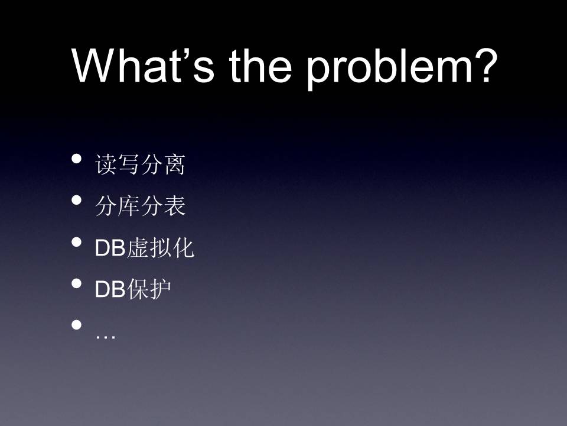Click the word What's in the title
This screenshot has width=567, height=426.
coord(143,65)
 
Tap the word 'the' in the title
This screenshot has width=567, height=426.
coord(260,65)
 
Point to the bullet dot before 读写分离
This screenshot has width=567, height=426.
coord(76,159)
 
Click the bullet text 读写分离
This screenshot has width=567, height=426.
coord(140,164)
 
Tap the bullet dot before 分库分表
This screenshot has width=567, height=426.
coord(76,200)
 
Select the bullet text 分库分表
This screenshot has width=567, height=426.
coord(141,206)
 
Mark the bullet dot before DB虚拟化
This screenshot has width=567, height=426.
coord(76,241)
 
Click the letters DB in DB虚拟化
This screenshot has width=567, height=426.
coord(110,248)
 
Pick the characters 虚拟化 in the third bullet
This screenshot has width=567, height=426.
coord(161,247)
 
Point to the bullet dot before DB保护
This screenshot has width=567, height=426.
coord(76,283)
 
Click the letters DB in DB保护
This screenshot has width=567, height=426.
coord(110,289)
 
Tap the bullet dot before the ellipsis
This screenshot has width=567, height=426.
coord(76,324)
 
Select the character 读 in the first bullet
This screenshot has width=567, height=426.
coord(106,164)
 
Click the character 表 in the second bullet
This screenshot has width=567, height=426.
coord(175,206)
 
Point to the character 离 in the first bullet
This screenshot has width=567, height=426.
coord(174,164)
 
